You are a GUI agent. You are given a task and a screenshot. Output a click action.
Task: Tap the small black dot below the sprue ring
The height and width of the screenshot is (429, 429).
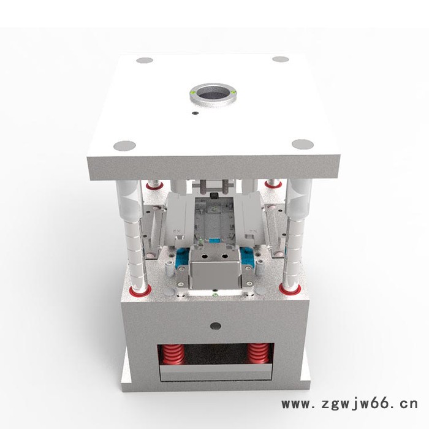[195, 113]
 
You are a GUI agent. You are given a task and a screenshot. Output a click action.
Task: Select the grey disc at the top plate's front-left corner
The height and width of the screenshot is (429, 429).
[124, 146]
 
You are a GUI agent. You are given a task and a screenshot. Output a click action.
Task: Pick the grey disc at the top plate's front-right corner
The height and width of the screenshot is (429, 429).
[302, 145]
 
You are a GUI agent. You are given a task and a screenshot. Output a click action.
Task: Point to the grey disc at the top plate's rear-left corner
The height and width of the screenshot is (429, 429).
[145, 61]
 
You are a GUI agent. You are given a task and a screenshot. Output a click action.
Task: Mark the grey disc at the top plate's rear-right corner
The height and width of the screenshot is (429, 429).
[280, 59]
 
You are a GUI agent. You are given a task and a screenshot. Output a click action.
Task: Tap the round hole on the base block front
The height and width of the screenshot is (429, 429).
[214, 325]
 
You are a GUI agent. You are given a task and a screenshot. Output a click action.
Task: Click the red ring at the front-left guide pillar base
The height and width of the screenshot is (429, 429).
[140, 290]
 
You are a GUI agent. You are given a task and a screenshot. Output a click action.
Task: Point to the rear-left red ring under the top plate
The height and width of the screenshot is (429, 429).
[154, 184]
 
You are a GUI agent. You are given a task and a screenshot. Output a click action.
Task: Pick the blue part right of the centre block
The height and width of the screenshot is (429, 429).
[248, 259]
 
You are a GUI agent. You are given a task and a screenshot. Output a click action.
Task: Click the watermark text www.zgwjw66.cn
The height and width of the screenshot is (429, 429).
[349, 404]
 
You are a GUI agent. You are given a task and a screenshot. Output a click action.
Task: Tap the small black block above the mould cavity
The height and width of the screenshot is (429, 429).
[214, 196]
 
